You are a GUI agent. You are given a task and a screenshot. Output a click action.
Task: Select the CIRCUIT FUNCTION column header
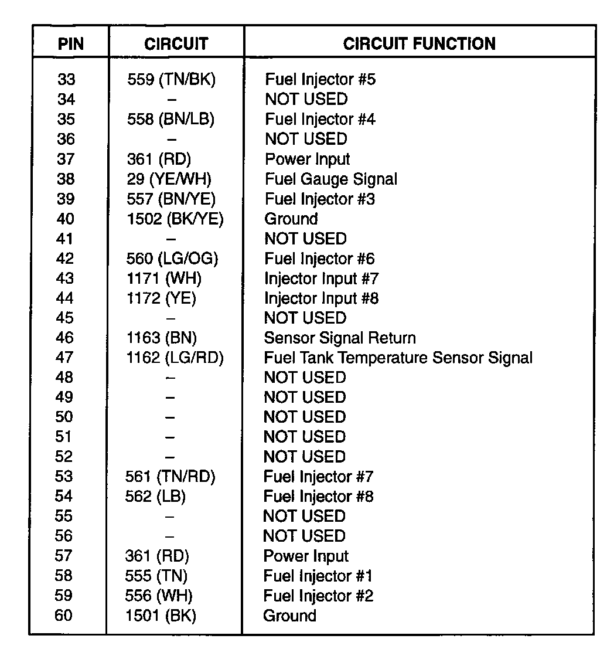click(419, 44)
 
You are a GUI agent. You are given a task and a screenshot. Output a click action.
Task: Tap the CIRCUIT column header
click(176, 45)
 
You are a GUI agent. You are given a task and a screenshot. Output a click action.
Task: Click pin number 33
click(66, 80)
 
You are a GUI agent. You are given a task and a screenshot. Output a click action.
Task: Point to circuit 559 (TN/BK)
click(171, 80)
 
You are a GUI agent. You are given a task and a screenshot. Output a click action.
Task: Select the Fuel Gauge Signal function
click(331, 179)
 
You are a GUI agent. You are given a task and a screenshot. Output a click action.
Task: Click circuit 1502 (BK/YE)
click(175, 219)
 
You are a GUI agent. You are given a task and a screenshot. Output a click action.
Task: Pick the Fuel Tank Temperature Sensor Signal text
click(398, 358)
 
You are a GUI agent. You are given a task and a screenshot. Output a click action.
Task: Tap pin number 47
click(64, 358)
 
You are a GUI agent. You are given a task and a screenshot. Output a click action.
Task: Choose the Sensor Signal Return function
click(340, 338)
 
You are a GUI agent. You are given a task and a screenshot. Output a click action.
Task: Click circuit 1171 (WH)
click(163, 278)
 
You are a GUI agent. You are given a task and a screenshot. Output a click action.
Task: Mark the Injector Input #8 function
click(321, 298)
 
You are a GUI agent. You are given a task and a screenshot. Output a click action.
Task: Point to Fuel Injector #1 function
click(318, 576)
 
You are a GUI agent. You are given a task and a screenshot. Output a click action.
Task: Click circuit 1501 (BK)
click(161, 616)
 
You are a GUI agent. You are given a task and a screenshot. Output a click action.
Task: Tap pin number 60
click(64, 616)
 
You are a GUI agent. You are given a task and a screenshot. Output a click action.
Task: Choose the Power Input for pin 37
click(308, 159)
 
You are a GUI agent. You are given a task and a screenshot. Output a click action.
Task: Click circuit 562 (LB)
click(155, 497)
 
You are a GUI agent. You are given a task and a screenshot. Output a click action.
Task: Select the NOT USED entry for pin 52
click(305, 457)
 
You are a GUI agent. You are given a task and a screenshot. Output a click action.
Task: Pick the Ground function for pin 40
click(291, 219)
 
